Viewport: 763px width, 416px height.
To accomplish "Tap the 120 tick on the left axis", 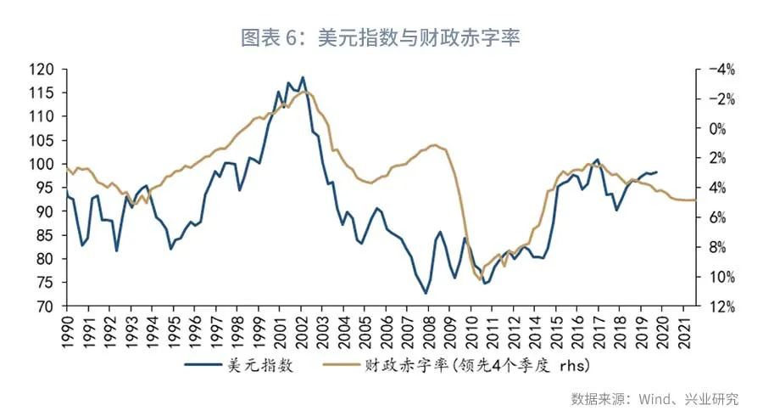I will (x=44, y=70).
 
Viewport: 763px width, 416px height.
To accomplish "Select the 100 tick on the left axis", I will (x=44, y=164).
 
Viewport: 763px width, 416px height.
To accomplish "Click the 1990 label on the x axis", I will (x=68, y=329).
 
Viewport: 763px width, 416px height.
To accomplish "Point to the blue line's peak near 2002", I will (x=303, y=77).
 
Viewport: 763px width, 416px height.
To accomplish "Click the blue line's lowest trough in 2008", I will (x=426, y=294).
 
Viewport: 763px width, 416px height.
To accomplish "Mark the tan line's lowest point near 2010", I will (x=480, y=279).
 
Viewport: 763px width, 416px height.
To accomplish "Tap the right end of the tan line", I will (x=695, y=200).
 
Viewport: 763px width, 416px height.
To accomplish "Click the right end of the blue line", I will (x=657, y=171).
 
